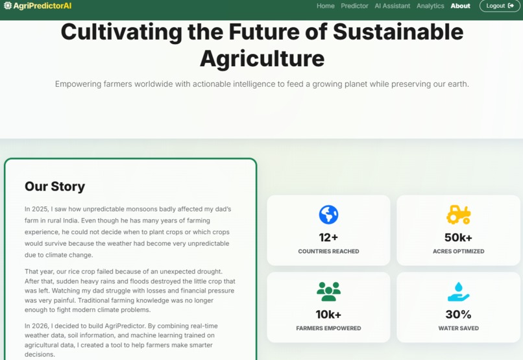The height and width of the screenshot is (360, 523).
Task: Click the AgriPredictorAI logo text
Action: (x=42, y=6)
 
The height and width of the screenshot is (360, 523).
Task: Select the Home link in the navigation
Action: (x=326, y=6)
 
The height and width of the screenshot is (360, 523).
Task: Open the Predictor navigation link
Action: (x=354, y=6)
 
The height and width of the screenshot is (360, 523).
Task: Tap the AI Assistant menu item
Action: (x=393, y=6)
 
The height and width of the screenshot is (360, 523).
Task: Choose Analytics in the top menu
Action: (x=430, y=6)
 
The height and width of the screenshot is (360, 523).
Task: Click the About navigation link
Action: (x=460, y=6)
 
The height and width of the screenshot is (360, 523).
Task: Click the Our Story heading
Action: (x=55, y=186)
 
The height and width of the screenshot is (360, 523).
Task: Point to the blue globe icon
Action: (x=328, y=215)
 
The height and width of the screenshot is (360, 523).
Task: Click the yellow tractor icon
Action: (x=458, y=215)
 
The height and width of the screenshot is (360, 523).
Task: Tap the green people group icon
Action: (x=328, y=292)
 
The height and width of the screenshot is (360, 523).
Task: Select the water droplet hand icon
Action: (x=458, y=292)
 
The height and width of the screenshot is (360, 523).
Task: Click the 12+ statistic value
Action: (x=328, y=237)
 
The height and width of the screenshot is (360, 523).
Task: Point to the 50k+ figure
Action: (x=458, y=237)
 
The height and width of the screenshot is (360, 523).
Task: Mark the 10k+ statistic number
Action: (x=328, y=315)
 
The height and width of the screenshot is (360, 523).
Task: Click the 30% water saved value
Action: (x=458, y=315)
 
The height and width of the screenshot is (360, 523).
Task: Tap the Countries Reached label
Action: (x=328, y=251)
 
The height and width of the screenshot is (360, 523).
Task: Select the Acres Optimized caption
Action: (x=458, y=251)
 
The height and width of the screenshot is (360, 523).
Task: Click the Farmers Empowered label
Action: (x=328, y=328)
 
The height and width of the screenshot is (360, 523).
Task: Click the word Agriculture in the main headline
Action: (x=261, y=58)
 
